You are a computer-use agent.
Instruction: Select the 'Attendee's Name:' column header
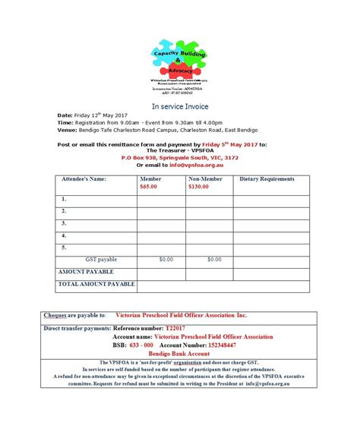[84, 179]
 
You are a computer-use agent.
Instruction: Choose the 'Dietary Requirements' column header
[267, 179]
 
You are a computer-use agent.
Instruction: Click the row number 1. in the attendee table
[65, 198]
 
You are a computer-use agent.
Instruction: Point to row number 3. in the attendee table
[65, 223]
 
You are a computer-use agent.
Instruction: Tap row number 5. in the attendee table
[65, 247]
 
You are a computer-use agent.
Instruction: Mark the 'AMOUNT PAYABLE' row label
[86, 271]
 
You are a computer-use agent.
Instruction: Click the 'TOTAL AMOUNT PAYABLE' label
[96, 284]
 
